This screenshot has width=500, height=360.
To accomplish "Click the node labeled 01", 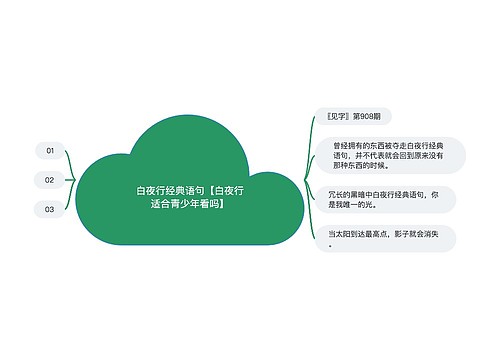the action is [x=49, y=150].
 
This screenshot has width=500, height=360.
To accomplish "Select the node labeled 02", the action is [x=49, y=180].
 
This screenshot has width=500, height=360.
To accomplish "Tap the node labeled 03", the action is [x=49, y=210].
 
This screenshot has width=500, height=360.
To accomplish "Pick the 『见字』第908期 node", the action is [x=347, y=116].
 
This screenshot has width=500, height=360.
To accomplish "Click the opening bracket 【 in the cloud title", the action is [x=211, y=188].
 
